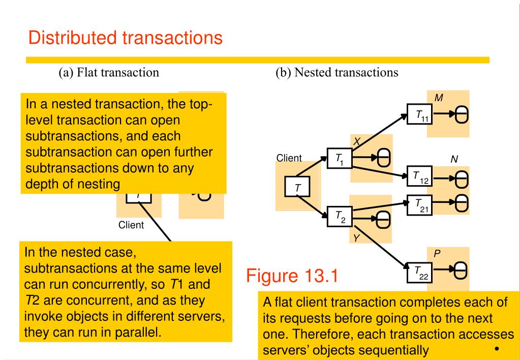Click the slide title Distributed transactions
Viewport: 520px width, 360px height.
coord(125,38)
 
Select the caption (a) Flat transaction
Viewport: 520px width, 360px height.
coord(108,72)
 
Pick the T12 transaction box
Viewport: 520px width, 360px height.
coord(420,177)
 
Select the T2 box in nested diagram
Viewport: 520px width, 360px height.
coord(340,218)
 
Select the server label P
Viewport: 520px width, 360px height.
coord(437,253)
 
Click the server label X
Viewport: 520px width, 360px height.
coord(357,143)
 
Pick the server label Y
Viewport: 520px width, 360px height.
coord(357,237)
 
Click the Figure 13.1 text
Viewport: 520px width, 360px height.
coord(292,276)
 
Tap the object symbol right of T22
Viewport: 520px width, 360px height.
coord(461,273)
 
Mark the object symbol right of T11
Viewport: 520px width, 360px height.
coord(461,116)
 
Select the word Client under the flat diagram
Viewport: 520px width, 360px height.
coord(131,225)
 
